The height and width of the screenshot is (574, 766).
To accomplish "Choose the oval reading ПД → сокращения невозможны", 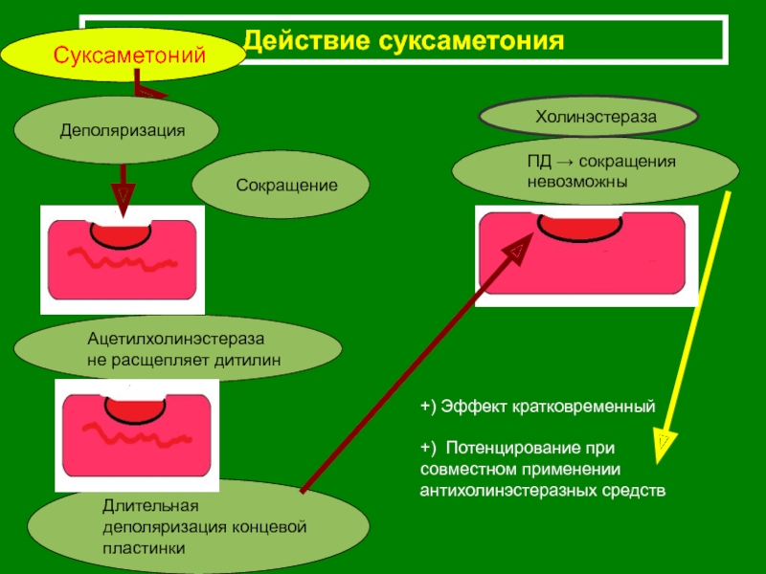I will point(595,171).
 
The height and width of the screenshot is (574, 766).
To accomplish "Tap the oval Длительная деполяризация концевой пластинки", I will point(198,526).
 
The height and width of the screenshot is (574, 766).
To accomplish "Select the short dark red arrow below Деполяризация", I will point(123,185).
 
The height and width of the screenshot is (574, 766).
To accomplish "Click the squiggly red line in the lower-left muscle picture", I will point(133,436).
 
